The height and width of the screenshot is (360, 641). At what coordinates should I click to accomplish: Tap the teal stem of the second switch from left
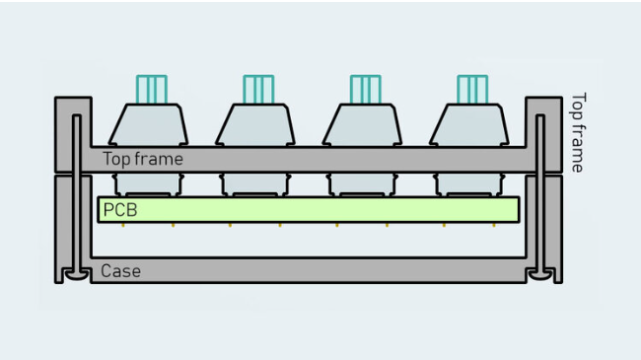[258, 89]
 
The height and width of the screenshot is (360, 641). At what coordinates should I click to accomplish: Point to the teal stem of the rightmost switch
[472, 89]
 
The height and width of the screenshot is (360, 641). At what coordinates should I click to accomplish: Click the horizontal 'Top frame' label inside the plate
[143, 159]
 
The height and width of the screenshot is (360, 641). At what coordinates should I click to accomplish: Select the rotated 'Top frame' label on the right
[578, 133]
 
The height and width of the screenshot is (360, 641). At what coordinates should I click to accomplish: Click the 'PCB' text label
[120, 209]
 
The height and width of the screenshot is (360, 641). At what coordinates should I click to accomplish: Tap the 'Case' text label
[121, 270]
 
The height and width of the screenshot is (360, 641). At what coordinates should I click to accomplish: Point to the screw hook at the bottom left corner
[72, 274]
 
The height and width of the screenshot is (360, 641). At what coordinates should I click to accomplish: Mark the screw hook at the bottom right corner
[540, 274]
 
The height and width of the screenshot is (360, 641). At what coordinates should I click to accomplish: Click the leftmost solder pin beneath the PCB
[123, 225]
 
